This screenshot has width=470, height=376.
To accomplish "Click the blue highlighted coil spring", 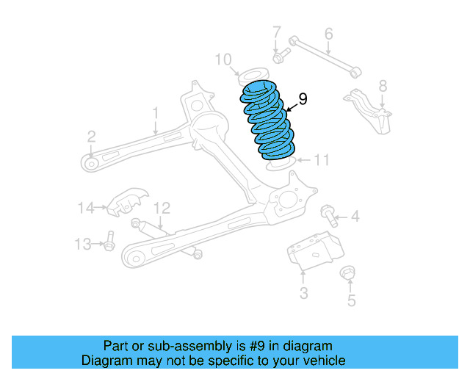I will [x=269, y=122].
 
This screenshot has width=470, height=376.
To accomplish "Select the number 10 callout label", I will [x=224, y=59].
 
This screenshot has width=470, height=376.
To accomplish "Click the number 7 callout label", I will [x=277, y=32].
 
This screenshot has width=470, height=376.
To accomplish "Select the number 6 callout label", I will [x=328, y=33].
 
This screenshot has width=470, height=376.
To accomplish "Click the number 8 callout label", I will [x=382, y=87].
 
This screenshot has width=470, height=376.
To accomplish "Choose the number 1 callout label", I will [x=156, y=112].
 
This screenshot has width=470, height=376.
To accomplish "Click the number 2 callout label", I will [x=91, y=136].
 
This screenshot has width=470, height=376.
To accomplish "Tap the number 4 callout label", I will [x=355, y=217].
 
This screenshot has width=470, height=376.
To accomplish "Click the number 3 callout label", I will [x=303, y=294].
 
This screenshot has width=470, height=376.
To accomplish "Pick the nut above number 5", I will [x=350, y=275].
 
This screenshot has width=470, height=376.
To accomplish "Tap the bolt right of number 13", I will [x=109, y=242].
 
